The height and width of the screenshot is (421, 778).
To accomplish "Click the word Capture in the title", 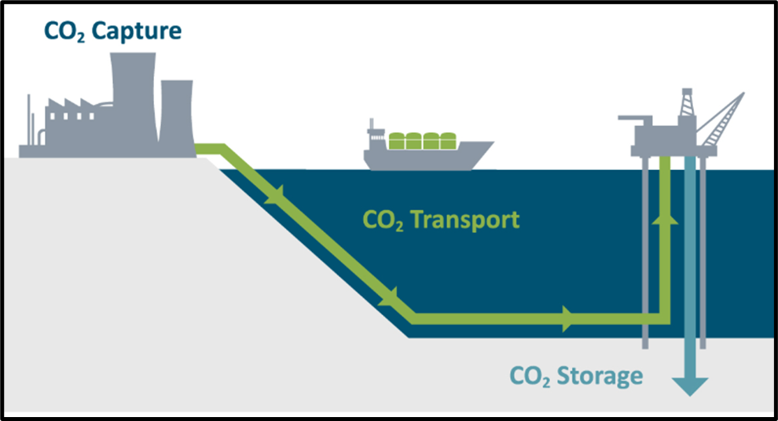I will point(138,31).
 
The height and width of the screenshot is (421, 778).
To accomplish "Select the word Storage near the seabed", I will point(599,375).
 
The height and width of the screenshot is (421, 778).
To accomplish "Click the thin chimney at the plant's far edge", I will point(29,122).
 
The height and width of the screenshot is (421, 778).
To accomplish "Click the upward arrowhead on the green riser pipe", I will point(665,218).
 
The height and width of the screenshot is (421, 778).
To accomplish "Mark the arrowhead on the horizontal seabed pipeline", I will point(567,318).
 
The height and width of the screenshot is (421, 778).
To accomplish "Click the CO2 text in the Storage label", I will point(529,376).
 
